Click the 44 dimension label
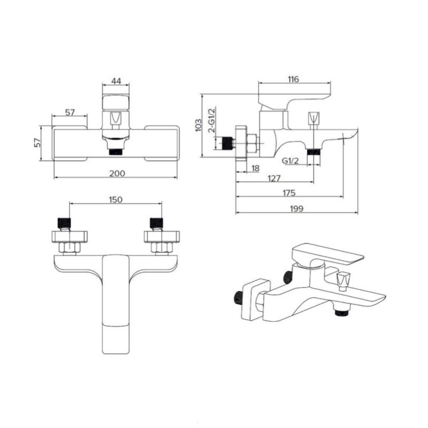tap(116, 81)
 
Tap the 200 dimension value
tap(117, 173)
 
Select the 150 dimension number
tap(116, 200)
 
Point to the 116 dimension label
tap(294, 79)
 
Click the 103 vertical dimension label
tap(198, 125)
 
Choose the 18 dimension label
tap(256, 168)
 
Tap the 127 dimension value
tap(274, 178)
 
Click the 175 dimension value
tap(289, 193)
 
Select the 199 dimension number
tap(297, 209)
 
